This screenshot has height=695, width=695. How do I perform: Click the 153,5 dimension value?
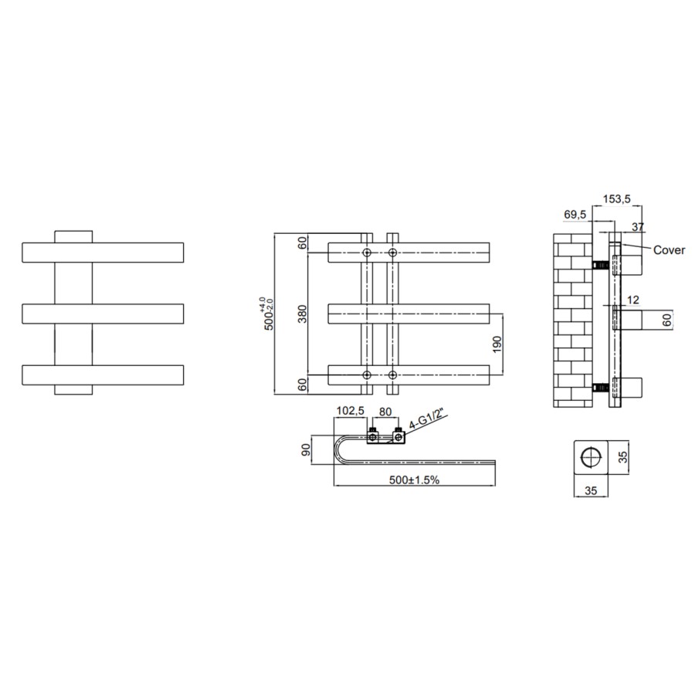[617, 199]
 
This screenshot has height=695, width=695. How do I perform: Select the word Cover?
[670, 249]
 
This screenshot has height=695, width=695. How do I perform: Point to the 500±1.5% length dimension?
[414, 480]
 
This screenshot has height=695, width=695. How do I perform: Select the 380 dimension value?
[302, 314]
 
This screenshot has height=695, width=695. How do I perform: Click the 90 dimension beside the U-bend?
[306, 449]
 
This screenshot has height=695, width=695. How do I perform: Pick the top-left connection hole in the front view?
[368, 253]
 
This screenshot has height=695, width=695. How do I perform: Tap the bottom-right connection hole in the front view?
[392, 375]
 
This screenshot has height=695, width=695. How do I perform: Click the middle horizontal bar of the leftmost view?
[103, 314]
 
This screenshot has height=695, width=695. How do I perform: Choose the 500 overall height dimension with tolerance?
[268, 314]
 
